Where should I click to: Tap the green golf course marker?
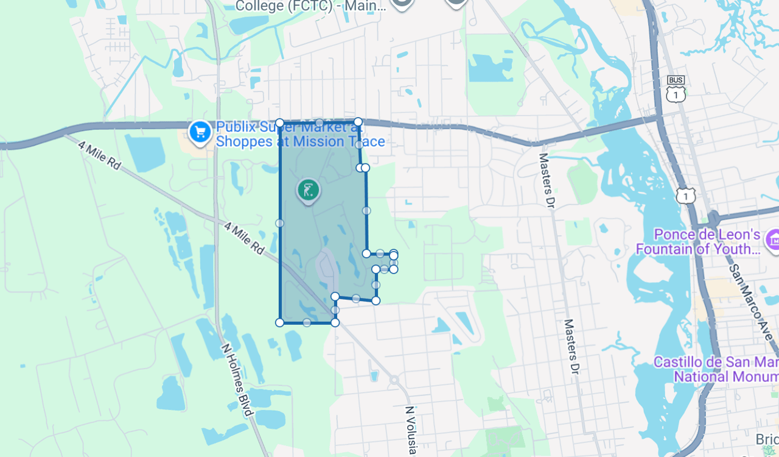tap(309, 190)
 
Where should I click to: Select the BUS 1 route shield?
tap(676, 90)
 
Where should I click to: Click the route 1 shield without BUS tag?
tap(685, 196)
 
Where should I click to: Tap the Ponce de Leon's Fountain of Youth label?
tap(698, 242)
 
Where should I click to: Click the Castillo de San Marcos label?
tap(715, 369)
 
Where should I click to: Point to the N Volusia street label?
tap(411, 430)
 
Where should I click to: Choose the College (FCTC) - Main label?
tap(310, 6)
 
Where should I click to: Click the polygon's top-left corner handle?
tap(279, 123)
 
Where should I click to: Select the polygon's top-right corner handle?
tap(358, 122)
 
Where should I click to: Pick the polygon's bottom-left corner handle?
tap(280, 322)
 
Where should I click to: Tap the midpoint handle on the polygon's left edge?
tap(279, 223)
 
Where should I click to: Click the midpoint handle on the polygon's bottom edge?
tap(307, 322)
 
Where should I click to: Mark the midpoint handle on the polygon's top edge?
tap(319, 122)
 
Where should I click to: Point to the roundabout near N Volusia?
tap(394, 380)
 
